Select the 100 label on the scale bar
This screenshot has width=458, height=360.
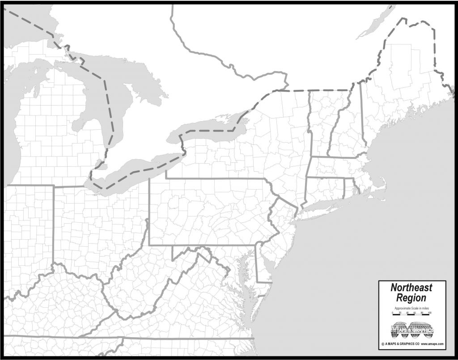click(x=430, y=313)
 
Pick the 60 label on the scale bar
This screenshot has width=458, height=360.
click(x=415, y=313)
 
